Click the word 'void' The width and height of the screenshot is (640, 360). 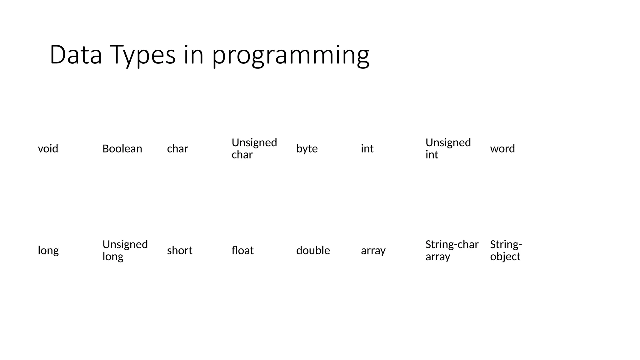pos(48,148)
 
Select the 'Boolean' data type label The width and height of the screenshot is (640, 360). pos(122,148)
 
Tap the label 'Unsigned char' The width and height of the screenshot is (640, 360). pos(254,148)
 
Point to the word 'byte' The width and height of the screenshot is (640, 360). pos(307,149)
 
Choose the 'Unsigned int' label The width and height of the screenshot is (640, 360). pos(447,148)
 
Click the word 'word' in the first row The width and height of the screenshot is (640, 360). pos(502,148)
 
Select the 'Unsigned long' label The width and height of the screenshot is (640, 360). pos(125,250)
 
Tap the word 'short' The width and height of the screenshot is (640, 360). pos(179,250)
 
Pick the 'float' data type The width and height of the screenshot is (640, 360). pos(242,250)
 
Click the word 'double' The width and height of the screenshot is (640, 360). pos(313,250)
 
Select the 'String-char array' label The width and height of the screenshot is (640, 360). pos(452,250)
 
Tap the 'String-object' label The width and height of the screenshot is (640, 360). pos(506,250)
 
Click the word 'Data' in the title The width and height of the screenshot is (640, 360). pos(76,55)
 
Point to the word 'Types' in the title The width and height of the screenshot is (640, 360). pos(142,55)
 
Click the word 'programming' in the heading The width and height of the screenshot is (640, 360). pos(291,55)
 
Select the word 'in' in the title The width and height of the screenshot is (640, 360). pos(193,55)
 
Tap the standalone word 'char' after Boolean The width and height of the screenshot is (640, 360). pos(177,148)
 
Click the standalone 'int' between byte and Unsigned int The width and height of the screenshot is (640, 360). pos(367,148)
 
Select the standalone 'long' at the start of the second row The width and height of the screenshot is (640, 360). pos(48,251)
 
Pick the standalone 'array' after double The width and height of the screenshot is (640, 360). pos(373,251)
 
